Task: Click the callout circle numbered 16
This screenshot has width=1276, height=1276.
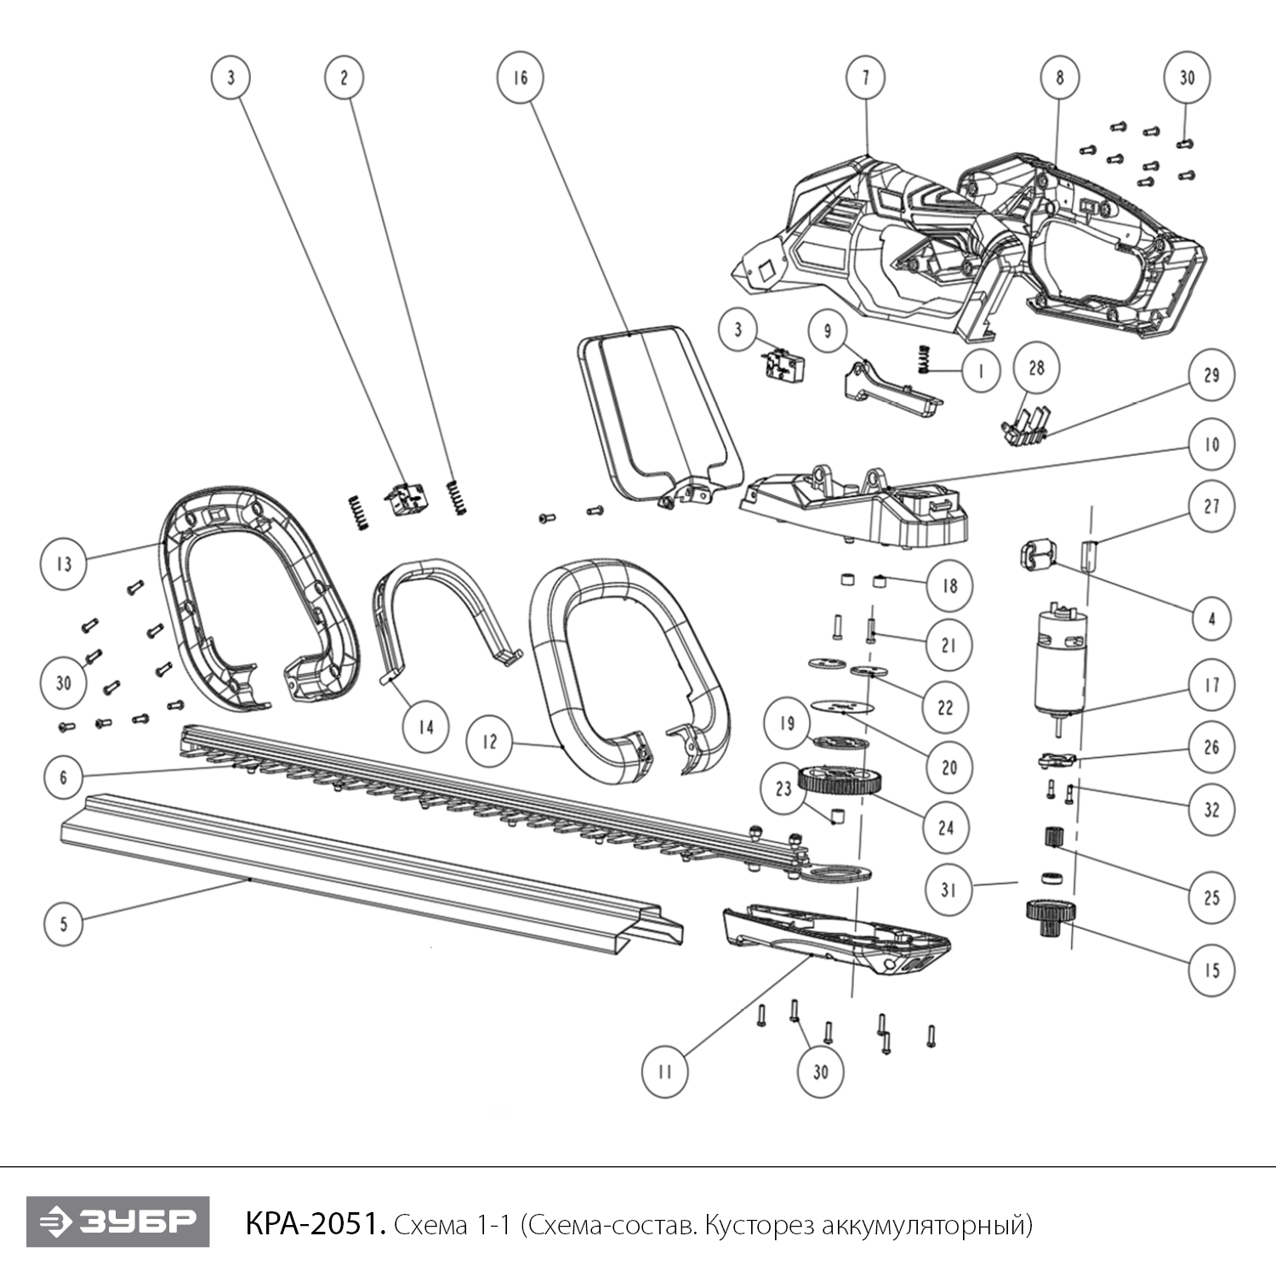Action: click(x=520, y=77)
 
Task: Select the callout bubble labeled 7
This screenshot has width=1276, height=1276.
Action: click(x=866, y=77)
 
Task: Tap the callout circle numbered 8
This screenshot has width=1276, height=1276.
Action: click(x=1059, y=77)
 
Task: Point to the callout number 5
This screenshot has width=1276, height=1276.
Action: click(x=64, y=923)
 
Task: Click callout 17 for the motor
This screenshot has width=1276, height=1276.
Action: click(x=1211, y=685)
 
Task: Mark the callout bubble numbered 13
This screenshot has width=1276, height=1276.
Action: click(x=64, y=563)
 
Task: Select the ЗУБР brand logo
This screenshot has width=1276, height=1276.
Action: click(x=117, y=1222)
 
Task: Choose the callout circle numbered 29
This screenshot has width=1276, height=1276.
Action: click(x=1211, y=375)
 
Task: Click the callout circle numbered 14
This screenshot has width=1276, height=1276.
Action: click(x=425, y=727)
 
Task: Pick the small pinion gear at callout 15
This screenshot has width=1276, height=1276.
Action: click(x=1041, y=918)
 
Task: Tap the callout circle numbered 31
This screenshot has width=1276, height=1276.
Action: click(x=948, y=890)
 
